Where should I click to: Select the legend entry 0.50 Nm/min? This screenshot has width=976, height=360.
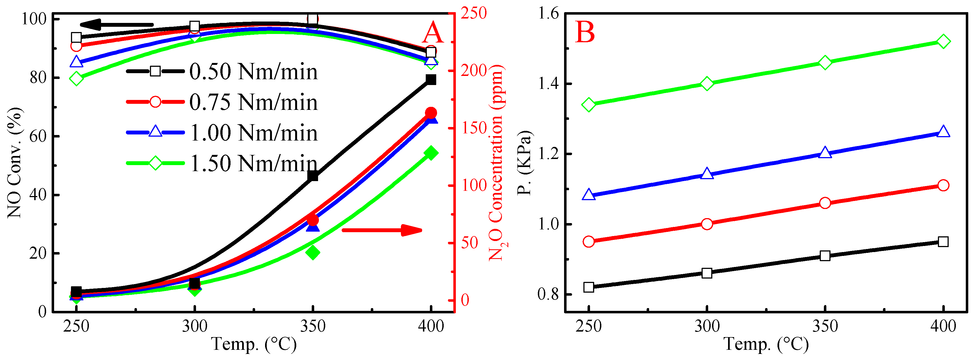coord(222,71)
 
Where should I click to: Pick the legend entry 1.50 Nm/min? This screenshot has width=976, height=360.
coord(222,163)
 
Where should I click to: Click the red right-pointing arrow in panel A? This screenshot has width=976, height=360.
coord(382,230)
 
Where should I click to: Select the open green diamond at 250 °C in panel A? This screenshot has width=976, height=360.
coord(76,79)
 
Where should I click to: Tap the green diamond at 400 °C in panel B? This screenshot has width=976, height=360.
coord(943,41)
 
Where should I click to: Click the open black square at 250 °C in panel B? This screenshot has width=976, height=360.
coord(588,287)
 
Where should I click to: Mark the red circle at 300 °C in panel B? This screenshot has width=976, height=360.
coord(707,224)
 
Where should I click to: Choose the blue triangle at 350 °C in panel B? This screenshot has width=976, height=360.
coord(825,153)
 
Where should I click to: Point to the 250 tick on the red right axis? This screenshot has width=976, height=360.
coord(474,13)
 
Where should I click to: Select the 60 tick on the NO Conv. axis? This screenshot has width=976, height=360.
coord(38,136)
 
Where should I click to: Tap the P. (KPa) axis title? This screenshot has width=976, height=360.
coord(525,163)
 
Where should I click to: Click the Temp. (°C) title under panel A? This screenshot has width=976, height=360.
coord(254,344)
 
